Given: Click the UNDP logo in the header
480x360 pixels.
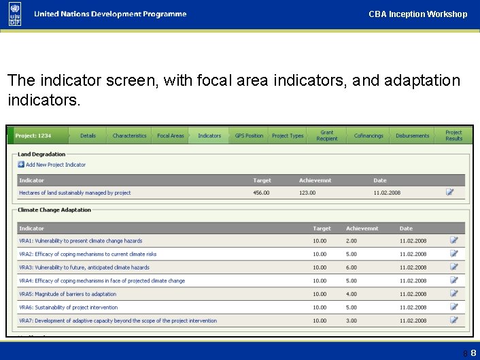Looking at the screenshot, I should pyautogui.click(x=15, y=14).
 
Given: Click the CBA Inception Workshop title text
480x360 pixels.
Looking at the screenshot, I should pyautogui.click(x=417, y=14).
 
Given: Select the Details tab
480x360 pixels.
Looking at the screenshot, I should pyautogui.click(x=88, y=136).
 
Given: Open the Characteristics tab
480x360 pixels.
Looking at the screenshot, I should pyautogui.click(x=129, y=136).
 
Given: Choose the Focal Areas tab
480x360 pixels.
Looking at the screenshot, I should pyautogui.click(x=170, y=136).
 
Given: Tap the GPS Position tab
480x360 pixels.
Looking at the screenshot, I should pyautogui.click(x=249, y=136).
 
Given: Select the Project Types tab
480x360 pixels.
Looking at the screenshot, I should pyautogui.click(x=288, y=136).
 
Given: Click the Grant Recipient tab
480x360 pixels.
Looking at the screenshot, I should pyautogui.click(x=327, y=136).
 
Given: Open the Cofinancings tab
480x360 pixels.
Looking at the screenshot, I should pyautogui.click(x=368, y=136).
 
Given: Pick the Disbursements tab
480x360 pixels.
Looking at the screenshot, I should pyautogui.click(x=412, y=136).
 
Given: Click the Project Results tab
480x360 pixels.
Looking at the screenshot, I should pyautogui.click(x=453, y=136).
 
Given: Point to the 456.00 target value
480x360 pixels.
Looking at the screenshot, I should pyautogui.click(x=261, y=193).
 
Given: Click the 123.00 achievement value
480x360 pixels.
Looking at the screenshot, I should pyautogui.click(x=307, y=193).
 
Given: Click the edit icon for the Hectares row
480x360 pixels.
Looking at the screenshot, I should pyautogui.click(x=450, y=193).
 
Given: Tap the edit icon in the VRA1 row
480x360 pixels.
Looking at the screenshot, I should pyautogui.click(x=454, y=240).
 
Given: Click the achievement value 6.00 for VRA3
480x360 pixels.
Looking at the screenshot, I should pyautogui.click(x=351, y=267).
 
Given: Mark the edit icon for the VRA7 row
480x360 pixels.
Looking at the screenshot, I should pyautogui.click(x=454, y=321).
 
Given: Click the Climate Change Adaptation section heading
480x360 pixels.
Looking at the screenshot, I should pyautogui.click(x=54, y=210).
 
